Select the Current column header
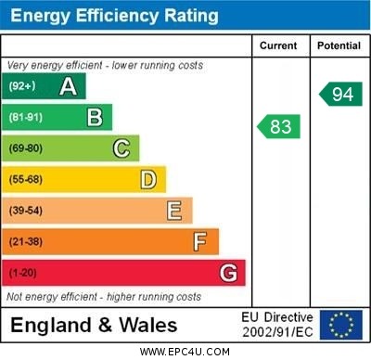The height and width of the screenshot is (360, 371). click(278, 45)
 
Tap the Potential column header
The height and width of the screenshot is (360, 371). click(339, 45)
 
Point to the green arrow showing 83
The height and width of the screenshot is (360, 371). click(278, 125)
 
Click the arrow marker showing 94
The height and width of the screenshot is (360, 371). click(340, 94)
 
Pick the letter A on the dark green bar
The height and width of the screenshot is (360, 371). click(68, 86)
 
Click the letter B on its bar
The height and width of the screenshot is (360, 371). click(95, 117)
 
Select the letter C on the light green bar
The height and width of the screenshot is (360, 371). click(121, 148)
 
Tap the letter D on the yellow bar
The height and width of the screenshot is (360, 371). click(147, 179)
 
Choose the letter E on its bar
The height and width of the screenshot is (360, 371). click(173, 211)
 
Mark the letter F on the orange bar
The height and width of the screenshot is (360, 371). click(199, 241)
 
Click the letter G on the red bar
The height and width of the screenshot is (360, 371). click(228, 273)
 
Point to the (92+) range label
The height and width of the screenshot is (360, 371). click(23, 86)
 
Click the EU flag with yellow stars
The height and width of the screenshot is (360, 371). click(340, 325)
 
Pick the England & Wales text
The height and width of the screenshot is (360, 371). click(94, 326)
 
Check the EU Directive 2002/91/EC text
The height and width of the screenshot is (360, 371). click(277, 325)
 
